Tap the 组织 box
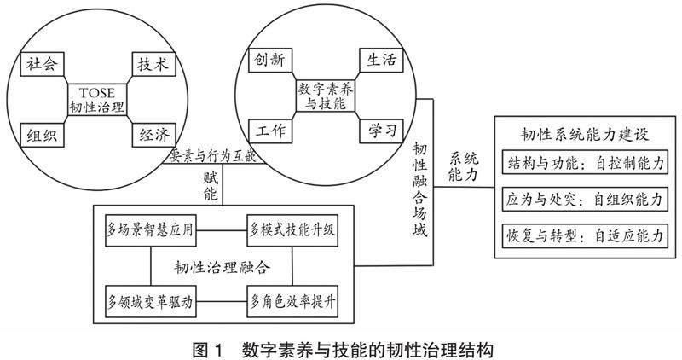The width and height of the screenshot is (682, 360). click(39, 133)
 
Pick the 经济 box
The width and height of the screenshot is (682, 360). click(153, 133)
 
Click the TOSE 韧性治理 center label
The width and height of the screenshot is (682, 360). click(96, 99)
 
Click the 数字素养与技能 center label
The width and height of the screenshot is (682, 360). click(326, 95)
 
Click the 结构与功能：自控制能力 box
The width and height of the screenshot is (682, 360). click(583, 163)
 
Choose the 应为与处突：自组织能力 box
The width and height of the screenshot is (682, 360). click(583, 200)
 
